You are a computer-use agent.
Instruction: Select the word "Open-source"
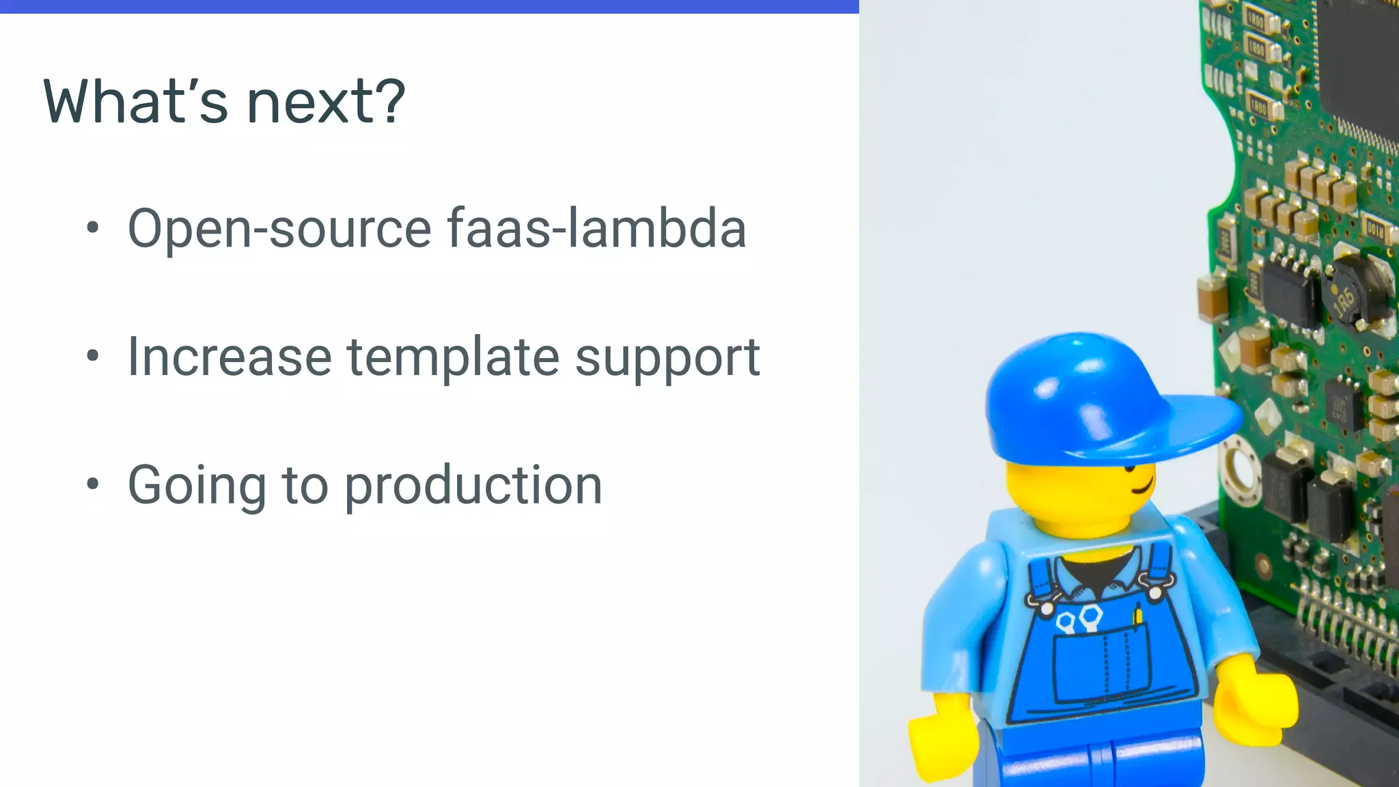tap(279, 229)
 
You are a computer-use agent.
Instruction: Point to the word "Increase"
tap(230, 357)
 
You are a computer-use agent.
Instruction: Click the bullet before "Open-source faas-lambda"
tap(93, 227)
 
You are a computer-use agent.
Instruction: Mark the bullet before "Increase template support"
tap(93, 356)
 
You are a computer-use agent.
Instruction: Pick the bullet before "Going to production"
tap(93, 484)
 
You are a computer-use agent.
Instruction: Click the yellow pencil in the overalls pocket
tap(1138, 615)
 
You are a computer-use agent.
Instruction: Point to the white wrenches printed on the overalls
tap(1079, 618)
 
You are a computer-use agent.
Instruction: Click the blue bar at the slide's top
tap(429, 6)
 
